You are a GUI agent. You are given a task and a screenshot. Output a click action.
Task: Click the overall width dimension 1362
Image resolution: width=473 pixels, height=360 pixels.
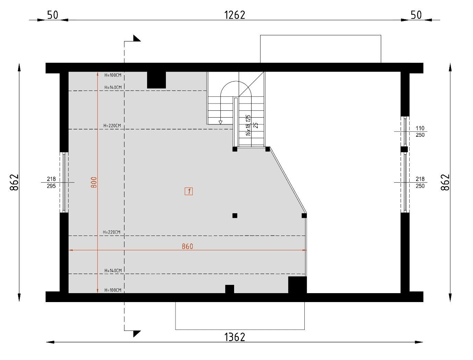click(234, 337)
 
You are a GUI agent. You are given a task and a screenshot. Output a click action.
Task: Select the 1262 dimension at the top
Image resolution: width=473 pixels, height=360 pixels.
click(234, 15)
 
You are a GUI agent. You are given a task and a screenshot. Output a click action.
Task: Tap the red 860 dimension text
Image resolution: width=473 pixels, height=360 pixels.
click(187, 246)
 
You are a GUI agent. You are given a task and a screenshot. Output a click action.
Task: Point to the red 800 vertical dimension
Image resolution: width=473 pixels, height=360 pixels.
click(94, 182)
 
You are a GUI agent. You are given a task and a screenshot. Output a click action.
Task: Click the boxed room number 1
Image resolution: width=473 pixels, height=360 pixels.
click(189, 191)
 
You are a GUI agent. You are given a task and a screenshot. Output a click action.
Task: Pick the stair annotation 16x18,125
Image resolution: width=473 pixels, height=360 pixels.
click(248, 125)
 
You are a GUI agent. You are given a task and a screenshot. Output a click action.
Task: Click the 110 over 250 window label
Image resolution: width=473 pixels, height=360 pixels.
click(420, 132)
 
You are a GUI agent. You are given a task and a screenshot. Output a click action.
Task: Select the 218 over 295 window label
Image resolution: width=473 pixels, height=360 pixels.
click(51, 182)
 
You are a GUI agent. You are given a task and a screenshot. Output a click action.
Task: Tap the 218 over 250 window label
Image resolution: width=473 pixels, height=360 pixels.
click(420, 182)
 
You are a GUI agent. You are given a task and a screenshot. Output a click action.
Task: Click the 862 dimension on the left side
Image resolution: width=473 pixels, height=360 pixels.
click(14, 182)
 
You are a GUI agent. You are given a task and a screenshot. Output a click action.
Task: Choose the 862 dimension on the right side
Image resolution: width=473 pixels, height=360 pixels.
click(445, 182)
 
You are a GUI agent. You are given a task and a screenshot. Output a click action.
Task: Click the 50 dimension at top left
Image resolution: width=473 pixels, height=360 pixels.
click(52, 15)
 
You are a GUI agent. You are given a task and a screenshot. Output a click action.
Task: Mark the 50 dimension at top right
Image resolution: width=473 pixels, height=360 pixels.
click(416, 15)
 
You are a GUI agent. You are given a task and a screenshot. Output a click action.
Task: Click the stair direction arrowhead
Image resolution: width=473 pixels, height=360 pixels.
click(220, 122)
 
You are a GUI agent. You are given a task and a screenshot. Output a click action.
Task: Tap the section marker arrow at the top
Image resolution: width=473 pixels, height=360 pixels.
click(137, 38)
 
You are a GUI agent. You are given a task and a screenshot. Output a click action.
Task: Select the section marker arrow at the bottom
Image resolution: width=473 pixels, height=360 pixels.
click(137, 334)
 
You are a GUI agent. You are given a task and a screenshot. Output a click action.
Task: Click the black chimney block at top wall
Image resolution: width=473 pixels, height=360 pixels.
click(156, 80)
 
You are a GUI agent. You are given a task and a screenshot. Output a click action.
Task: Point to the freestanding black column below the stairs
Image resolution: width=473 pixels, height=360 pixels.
click(235, 216)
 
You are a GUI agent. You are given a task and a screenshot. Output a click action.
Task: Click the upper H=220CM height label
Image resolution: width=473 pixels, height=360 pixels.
click(112, 125)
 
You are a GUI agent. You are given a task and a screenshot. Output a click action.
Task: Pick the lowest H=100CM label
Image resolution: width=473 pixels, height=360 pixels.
click(113, 290)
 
